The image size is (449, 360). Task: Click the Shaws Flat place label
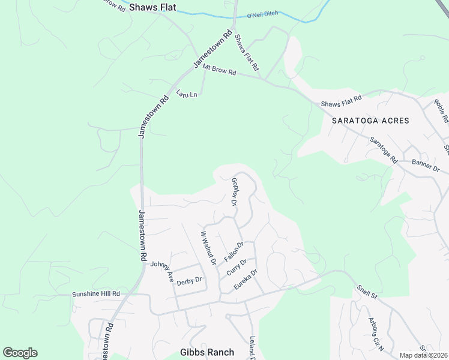point(153,7)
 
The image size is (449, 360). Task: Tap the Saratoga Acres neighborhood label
point(370,121)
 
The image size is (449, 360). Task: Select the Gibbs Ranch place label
point(206,352)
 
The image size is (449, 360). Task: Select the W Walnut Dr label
point(208,248)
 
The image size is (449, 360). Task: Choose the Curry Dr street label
point(237,266)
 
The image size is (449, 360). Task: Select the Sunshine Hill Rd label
point(96,294)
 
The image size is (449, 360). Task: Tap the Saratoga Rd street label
point(384,151)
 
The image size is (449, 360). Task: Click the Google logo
point(20,352)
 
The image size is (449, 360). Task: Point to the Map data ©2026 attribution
point(424,355)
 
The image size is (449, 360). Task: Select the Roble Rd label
point(441,111)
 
